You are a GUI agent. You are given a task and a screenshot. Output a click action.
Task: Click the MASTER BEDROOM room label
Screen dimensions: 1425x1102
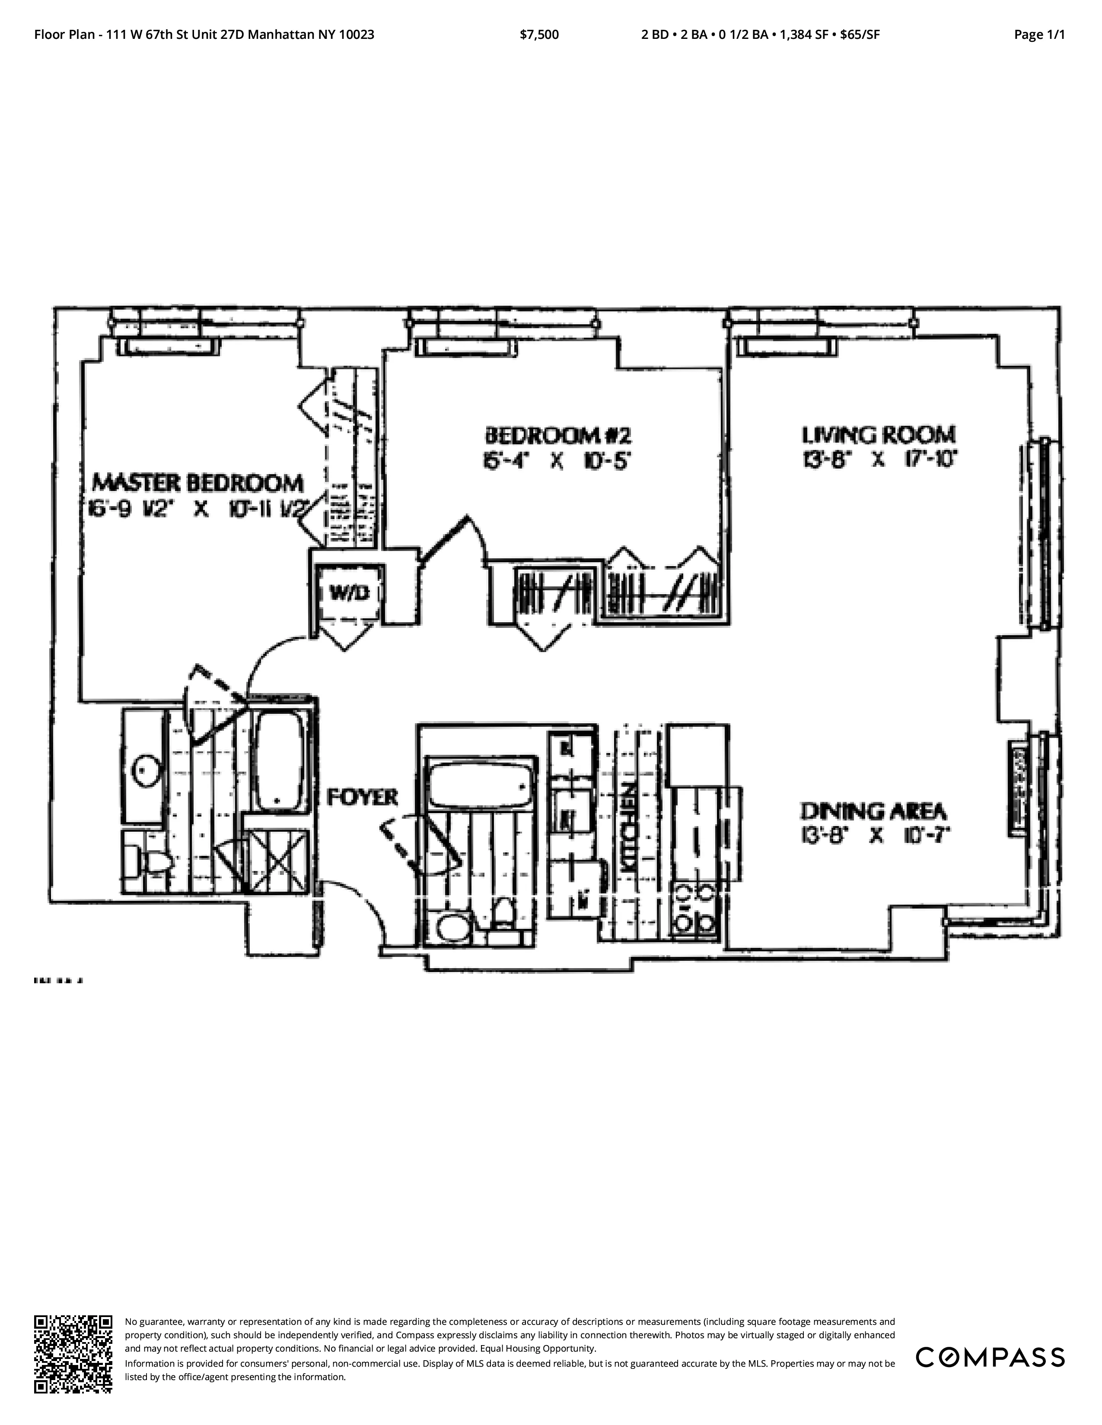[x=198, y=484]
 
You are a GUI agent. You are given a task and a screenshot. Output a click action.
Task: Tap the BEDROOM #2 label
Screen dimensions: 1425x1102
[x=559, y=434]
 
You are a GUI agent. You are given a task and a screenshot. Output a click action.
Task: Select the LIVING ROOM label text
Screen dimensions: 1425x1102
[x=879, y=434]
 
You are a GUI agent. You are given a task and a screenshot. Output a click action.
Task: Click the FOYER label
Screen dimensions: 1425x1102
[x=362, y=797]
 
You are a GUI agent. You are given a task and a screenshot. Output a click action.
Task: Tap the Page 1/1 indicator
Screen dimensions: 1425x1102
[x=1038, y=35]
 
